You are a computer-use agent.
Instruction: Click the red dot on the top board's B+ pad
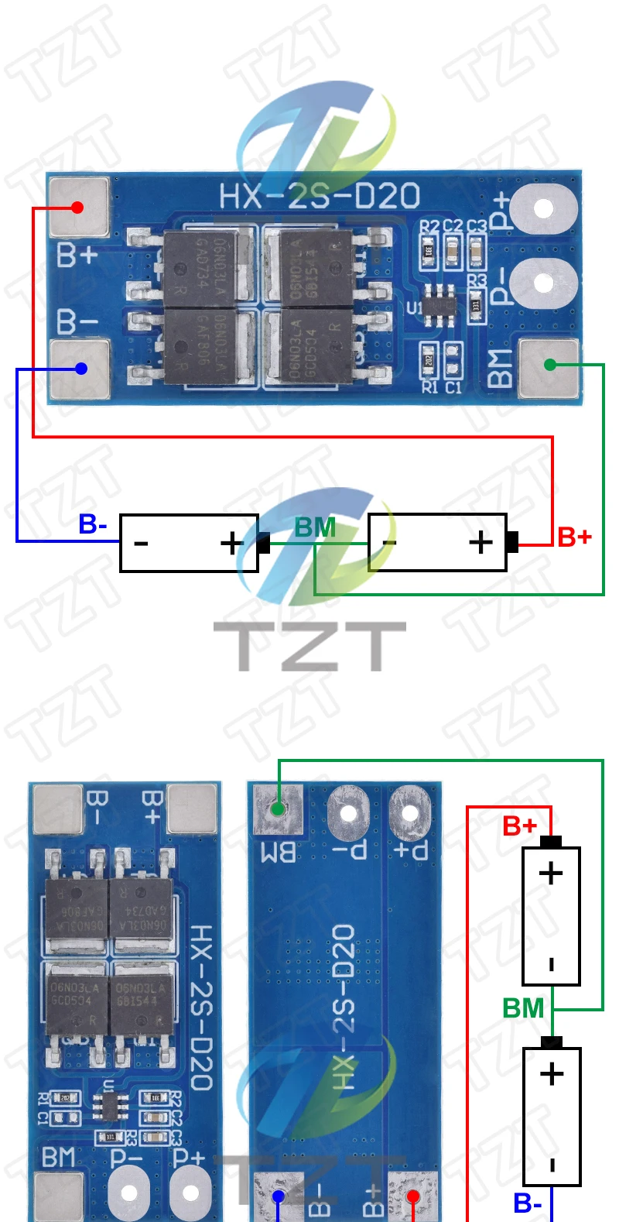(x=77, y=207)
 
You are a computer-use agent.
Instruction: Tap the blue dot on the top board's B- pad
(x=81, y=369)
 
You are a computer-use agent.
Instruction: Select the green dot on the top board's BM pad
(x=550, y=364)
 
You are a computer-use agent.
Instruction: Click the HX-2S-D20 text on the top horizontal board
(x=320, y=197)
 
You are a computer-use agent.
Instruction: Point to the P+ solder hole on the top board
(x=544, y=208)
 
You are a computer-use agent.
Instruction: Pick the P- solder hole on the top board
(x=544, y=283)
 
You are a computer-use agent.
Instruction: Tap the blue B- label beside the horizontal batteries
(x=93, y=524)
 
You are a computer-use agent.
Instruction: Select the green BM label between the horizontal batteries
(x=315, y=527)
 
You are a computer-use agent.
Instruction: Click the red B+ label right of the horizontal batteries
(x=574, y=537)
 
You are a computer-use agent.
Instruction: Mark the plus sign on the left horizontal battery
(x=231, y=543)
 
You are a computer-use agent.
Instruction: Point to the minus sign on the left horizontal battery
(x=141, y=544)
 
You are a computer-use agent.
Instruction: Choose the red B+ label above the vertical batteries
(x=519, y=826)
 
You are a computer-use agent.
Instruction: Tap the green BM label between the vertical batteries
(x=523, y=1008)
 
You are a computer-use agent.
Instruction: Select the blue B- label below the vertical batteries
(x=528, y=1203)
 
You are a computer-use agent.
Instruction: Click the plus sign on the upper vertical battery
(x=551, y=874)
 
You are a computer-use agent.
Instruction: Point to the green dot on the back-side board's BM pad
(x=278, y=809)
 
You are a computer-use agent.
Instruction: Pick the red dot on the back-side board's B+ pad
(x=413, y=1197)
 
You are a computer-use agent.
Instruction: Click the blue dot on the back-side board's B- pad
(x=279, y=1197)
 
